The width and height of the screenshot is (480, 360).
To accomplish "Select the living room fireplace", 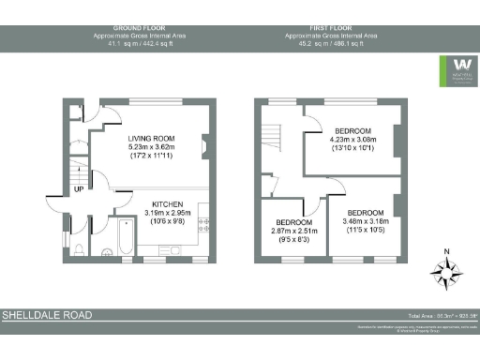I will (x=204, y=144).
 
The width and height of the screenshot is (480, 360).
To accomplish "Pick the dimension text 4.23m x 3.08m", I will (x=353, y=139).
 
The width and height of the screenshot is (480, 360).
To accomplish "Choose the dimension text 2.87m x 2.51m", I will (x=294, y=231).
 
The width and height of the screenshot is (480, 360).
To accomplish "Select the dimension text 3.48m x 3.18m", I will (x=366, y=221).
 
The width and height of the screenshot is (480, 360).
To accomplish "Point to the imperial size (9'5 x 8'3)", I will (x=294, y=239).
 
